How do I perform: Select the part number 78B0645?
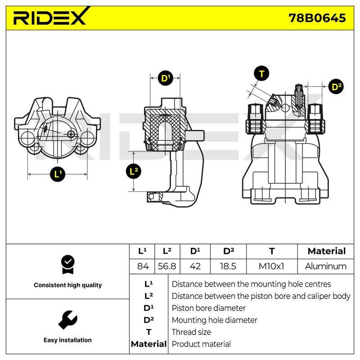pyautogui.click(x=317, y=18)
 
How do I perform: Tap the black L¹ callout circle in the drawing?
pyautogui.click(x=58, y=174)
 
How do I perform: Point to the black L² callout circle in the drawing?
pyautogui.click(x=134, y=171)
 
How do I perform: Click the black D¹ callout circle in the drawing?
pyautogui.click(x=166, y=78)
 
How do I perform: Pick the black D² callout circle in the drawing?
pyautogui.click(x=336, y=87)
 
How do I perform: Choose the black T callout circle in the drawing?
pyautogui.click(x=261, y=73)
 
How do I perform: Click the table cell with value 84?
pyautogui.click(x=143, y=266)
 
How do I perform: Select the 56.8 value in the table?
pyautogui.click(x=167, y=266)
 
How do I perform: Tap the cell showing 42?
pyautogui.click(x=195, y=266)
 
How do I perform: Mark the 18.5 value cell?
pyautogui.click(x=228, y=266)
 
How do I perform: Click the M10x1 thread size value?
pyautogui.click(x=271, y=266)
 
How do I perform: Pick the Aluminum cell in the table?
pyautogui.click(x=326, y=266)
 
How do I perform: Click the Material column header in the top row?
pyautogui.click(x=327, y=251)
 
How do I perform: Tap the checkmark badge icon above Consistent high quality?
pyautogui.click(x=68, y=265)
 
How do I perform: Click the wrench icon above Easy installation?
pyautogui.click(x=68, y=320)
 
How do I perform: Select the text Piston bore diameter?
pyautogui.click(x=209, y=308)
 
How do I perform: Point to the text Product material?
pyautogui.click(x=201, y=344)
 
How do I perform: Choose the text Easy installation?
pyautogui.click(x=67, y=340)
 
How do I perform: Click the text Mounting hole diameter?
pyautogui.click(x=215, y=320)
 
